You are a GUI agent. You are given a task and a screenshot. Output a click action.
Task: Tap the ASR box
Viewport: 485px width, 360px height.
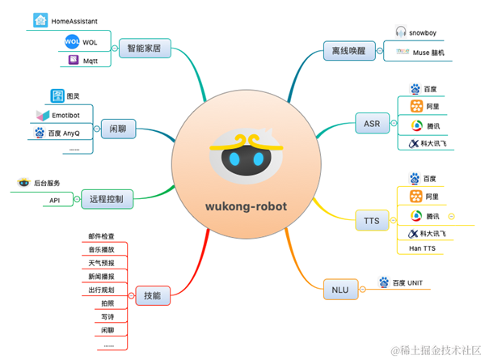click(x=372, y=124)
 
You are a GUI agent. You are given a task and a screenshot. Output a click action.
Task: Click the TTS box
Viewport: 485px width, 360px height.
click(x=372, y=218)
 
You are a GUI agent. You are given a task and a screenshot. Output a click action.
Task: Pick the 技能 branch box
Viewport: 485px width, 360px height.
click(x=152, y=296)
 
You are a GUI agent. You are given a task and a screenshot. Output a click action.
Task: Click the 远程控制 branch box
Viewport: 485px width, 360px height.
click(x=107, y=198)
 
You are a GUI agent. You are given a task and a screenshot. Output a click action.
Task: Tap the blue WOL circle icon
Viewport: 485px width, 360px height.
click(x=70, y=40)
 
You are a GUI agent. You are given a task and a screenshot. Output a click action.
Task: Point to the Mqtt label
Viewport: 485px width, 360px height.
click(x=91, y=60)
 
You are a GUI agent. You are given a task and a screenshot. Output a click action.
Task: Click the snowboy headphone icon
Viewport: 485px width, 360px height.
click(x=400, y=32)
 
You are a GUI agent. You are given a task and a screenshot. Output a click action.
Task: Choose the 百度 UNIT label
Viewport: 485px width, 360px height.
click(x=408, y=283)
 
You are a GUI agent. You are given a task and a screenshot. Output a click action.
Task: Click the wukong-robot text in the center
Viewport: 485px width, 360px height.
click(x=241, y=205)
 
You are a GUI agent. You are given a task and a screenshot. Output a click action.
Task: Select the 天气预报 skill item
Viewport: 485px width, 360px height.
click(x=101, y=263)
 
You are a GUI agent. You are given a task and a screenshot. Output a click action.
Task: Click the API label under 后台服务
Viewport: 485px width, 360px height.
click(x=55, y=200)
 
